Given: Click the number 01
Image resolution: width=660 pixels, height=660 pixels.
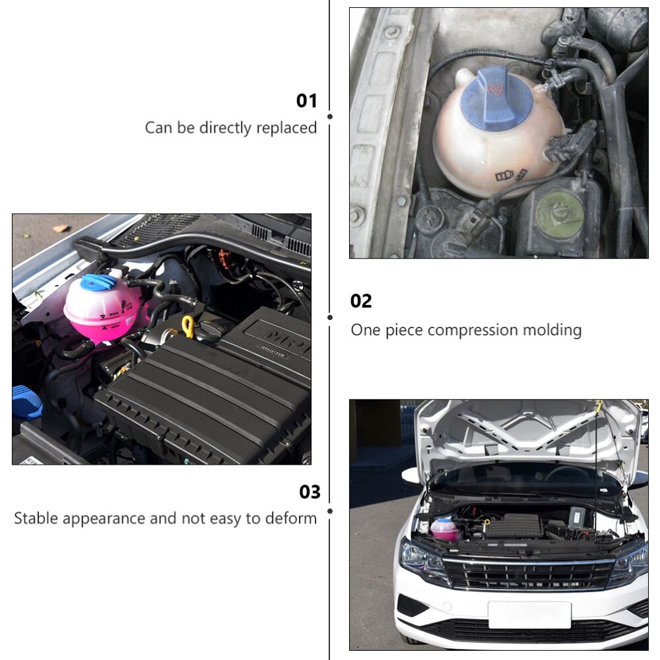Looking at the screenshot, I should click(306, 101).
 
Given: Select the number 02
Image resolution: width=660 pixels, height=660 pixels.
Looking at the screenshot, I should click(361, 302).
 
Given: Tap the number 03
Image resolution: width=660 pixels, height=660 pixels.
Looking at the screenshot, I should click(310, 492).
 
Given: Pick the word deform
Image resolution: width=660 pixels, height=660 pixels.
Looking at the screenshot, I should click(291, 518).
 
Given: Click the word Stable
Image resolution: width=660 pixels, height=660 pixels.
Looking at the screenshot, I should click(38, 518).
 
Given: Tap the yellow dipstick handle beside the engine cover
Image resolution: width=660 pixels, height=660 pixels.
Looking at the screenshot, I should click(188, 326).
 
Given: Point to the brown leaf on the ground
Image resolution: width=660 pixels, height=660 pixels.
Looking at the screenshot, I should click(61, 228).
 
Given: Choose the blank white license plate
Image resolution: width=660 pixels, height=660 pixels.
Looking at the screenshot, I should click(529, 614).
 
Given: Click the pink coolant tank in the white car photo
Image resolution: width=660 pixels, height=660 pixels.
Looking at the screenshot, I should click(444, 529).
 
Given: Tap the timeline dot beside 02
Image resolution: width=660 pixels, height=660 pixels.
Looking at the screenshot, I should click(330, 317).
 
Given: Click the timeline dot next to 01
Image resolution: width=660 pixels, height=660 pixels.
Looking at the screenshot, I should click(330, 116).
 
